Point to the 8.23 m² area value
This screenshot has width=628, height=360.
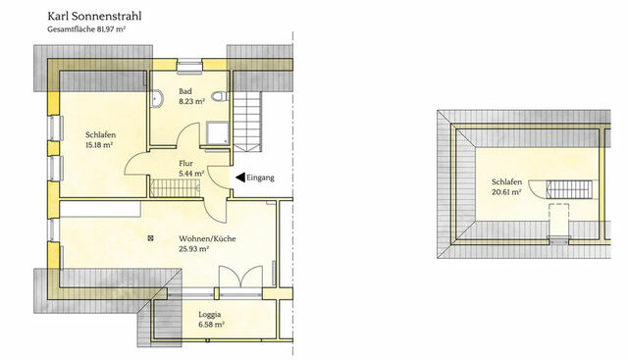191,100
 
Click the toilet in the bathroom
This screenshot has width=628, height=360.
223,97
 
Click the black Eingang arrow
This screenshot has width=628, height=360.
239,178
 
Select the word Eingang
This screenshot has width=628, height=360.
262,178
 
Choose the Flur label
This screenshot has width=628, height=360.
186,163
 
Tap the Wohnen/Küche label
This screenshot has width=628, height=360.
207,238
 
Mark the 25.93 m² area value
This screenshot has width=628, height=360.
194,249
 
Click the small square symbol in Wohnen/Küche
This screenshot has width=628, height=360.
150,236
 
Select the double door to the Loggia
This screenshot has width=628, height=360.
238,279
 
